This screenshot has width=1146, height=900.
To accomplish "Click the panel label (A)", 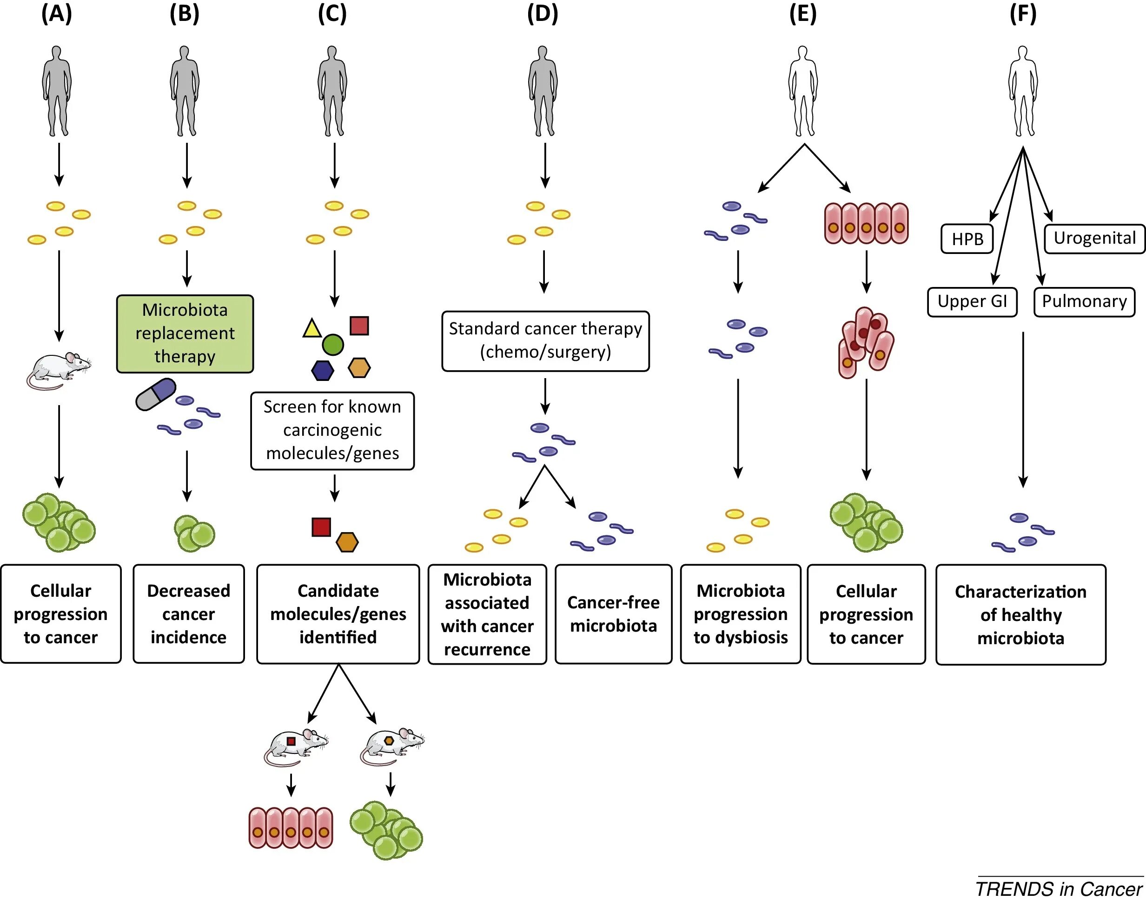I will (x=56, y=14).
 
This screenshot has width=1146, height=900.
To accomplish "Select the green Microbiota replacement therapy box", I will (x=185, y=333).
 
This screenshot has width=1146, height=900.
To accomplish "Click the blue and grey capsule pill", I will (x=156, y=393).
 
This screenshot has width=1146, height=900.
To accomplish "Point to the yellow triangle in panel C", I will (x=312, y=329).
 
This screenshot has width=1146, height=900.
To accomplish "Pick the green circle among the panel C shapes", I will (x=332, y=345).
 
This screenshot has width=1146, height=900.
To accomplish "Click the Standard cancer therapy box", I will (x=545, y=340).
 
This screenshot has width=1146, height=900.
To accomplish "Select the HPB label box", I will (x=967, y=239).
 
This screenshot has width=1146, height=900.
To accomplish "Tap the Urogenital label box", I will (x=1094, y=238).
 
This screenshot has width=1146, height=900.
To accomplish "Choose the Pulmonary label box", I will (x=1084, y=301).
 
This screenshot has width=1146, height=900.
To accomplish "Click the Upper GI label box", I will (x=972, y=301).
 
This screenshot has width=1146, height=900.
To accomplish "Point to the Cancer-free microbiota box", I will (x=613, y=614).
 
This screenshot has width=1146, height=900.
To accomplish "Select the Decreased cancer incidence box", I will (x=189, y=614).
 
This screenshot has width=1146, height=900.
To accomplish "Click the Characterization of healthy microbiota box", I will (x=1020, y=614).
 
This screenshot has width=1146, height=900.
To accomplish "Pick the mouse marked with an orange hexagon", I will (x=392, y=746).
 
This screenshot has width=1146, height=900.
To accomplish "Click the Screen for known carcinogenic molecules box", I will (x=332, y=430).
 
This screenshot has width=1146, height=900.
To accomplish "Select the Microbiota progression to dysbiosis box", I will (x=741, y=614).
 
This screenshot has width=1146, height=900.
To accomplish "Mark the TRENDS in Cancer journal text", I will (x=1059, y=889).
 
